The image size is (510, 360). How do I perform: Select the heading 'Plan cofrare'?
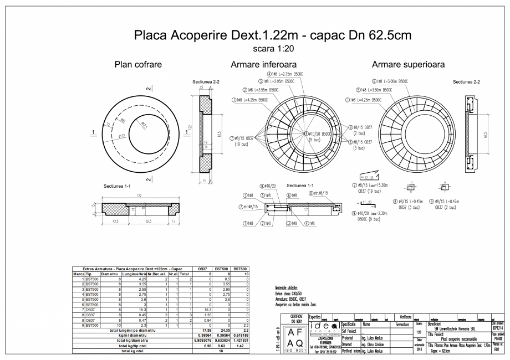(x=137, y=64)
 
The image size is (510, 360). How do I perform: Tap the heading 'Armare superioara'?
(x=409, y=64)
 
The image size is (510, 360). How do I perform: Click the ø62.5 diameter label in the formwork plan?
(x=144, y=126)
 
